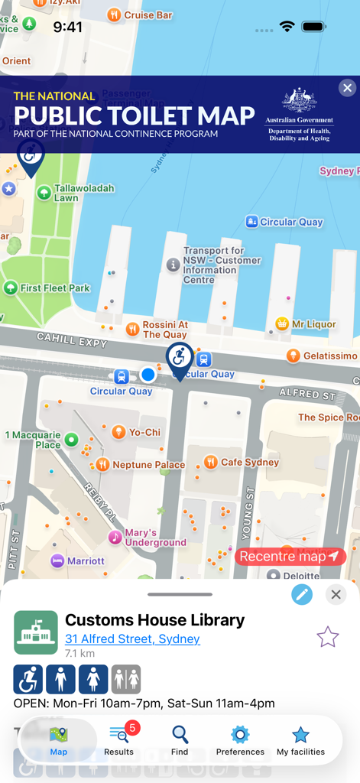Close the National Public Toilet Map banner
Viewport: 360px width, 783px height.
click(347, 88)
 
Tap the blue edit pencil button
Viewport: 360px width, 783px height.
click(302, 594)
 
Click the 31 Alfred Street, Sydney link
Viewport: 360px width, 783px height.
click(132, 639)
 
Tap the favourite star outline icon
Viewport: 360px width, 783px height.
click(327, 636)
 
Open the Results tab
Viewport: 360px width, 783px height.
click(119, 740)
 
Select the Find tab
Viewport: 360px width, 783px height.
click(180, 740)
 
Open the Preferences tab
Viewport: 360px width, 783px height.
click(240, 740)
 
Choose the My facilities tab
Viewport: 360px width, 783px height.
click(300, 740)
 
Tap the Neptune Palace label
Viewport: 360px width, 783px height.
click(148, 465)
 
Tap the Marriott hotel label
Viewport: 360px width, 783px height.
click(85, 560)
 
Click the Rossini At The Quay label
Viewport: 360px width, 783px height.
click(164, 330)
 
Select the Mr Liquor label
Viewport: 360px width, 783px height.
click(313, 324)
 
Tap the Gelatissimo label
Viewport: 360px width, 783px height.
click(329, 356)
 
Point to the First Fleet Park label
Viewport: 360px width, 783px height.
click(54, 288)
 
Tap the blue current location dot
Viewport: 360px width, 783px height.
click(148, 375)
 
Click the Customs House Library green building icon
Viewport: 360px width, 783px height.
click(36, 632)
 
